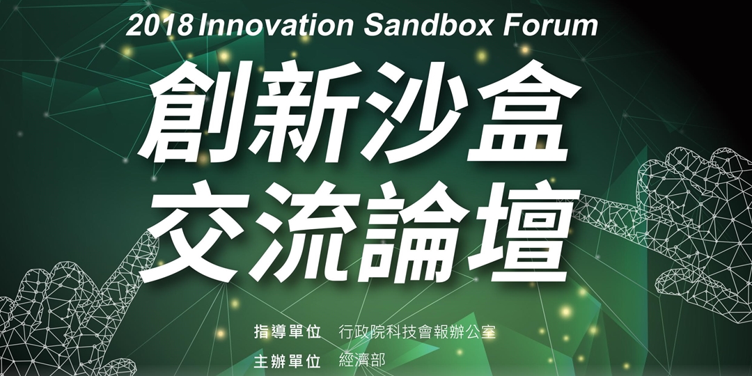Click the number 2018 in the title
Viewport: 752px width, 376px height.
coord(159,27)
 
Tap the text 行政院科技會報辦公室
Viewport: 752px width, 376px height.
coord(416,331)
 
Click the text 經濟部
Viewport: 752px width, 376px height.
coord(361,361)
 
